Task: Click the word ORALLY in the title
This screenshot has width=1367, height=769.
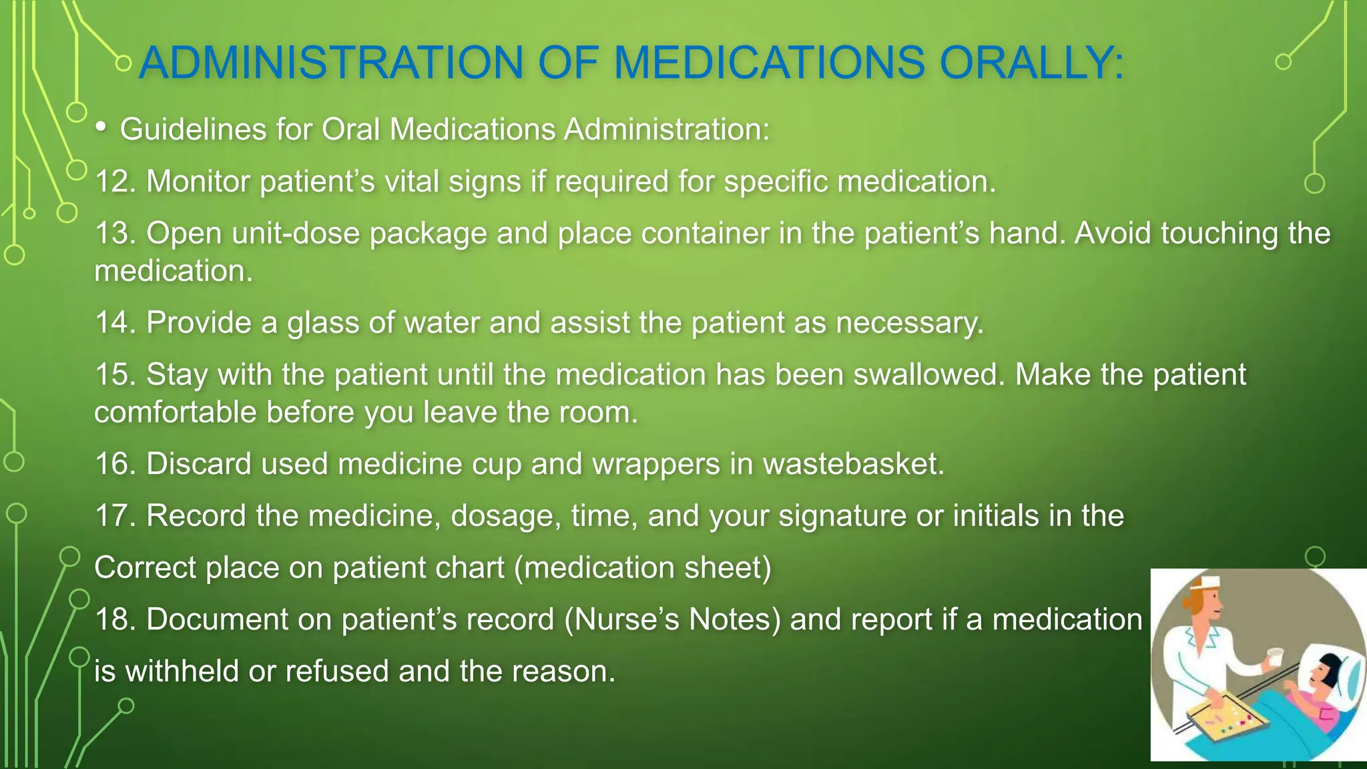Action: point(1031,63)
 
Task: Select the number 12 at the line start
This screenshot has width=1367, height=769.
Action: point(111,182)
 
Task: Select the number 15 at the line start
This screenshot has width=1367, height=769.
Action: point(111,374)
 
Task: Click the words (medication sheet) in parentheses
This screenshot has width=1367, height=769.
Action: point(643,568)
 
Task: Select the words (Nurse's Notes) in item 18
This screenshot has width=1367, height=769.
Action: point(672,619)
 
